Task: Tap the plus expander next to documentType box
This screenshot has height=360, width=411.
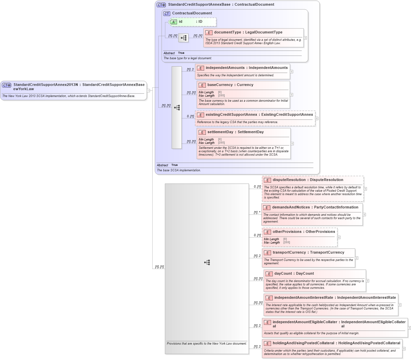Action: tap(305, 38)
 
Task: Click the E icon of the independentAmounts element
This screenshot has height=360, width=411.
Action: tap(200, 68)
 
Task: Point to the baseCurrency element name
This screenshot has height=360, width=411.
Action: tap(220, 85)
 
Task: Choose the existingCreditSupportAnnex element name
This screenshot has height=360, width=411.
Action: tap(231, 115)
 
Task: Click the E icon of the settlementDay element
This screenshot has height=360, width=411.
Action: tap(202, 132)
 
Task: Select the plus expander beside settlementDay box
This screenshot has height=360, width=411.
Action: tap(292, 144)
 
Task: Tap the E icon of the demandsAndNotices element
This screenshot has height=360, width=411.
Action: tap(266, 207)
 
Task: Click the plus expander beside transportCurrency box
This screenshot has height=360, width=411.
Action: tap(356, 258)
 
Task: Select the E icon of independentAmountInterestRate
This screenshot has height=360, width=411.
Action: tap(269, 298)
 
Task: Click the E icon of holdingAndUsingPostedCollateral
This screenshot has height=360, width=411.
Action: tap(267, 343)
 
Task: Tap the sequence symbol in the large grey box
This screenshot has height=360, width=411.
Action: tap(207, 263)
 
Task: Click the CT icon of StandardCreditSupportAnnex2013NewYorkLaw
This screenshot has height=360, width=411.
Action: tap(7, 85)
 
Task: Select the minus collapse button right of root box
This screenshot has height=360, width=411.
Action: tap(148, 90)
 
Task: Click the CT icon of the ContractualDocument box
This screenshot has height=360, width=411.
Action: tap(167, 13)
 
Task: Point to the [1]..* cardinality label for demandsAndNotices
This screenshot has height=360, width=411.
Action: tap(257, 212)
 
